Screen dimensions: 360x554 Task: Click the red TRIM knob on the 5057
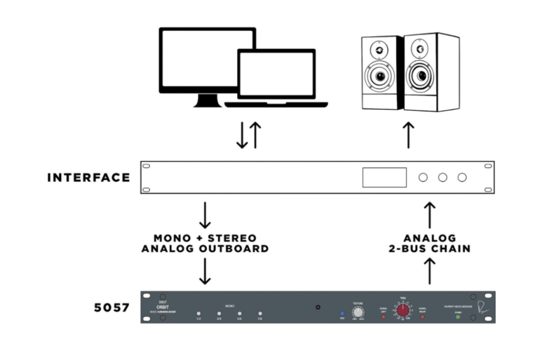tap(403, 310)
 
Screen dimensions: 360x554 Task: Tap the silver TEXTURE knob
tap(357, 312)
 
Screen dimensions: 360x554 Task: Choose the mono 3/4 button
tap(219, 314)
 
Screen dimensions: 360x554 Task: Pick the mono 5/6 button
tap(240, 314)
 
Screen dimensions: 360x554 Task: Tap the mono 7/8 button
tap(260, 314)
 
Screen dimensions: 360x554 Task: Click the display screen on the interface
tap(384, 177)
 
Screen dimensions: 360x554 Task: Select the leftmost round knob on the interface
tap(423, 177)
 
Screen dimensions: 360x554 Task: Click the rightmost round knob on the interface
tap(462, 177)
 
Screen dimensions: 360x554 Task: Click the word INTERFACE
tap(88, 177)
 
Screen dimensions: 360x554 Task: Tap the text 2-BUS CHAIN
tap(430, 249)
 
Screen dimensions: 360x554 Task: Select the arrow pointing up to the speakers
tap(409, 135)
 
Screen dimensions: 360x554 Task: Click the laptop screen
tap(276, 75)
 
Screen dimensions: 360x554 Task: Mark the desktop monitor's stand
tap(207, 99)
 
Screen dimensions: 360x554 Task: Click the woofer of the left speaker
tap(381, 76)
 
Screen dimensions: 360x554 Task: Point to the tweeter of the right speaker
tap(419, 50)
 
